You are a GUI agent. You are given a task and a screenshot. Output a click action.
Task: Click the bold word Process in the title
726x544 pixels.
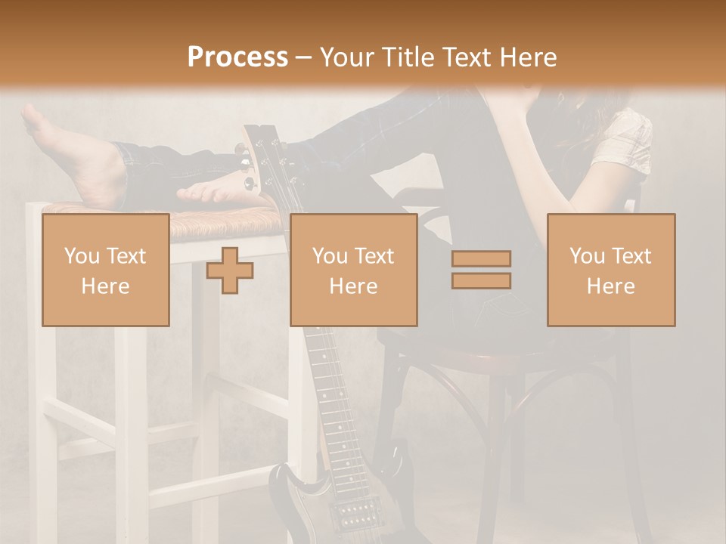[237, 57]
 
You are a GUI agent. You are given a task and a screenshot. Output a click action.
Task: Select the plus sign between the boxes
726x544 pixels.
[230, 270]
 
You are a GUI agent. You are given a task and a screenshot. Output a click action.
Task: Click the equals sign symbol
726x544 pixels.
[481, 270]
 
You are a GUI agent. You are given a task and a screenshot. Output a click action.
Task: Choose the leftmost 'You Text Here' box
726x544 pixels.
[106, 270]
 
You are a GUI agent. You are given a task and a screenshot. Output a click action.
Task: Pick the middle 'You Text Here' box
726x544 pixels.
[353, 270]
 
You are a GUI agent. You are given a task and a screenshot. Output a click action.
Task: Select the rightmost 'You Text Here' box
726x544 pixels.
[611, 270]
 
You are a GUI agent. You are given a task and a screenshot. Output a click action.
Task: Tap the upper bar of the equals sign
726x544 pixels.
[481, 259]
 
